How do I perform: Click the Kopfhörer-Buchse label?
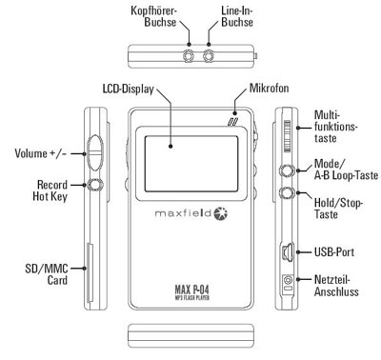pyautogui.click(x=153, y=16)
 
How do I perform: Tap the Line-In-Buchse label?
pyautogui.click(x=237, y=16)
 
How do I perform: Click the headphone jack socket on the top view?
pyautogui.click(x=189, y=56)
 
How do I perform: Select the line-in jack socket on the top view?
pyautogui.click(x=209, y=56)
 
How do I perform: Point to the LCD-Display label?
pyautogui.click(x=129, y=89)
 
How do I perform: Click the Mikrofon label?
pyautogui.click(x=270, y=88)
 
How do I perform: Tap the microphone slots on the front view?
pyautogui.click(x=232, y=122)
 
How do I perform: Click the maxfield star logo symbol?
pyautogui.click(x=221, y=213)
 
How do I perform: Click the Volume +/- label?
pyautogui.click(x=41, y=153)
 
